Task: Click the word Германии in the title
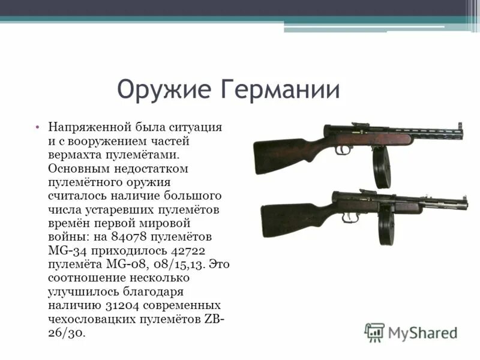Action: pyautogui.click(x=281, y=89)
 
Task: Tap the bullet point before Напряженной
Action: pyautogui.click(x=37, y=128)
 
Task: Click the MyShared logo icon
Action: pyautogui.click(x=375, y=332)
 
